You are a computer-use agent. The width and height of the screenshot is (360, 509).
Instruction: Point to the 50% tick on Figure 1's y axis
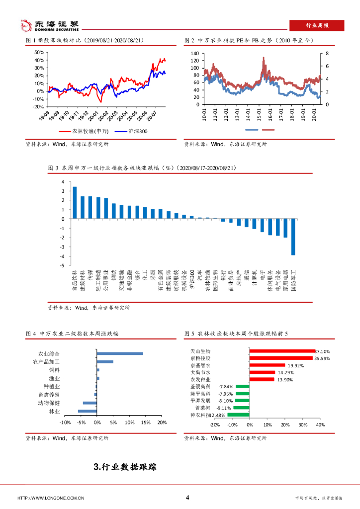coord(39,52)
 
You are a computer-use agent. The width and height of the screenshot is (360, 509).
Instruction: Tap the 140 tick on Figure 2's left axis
coord(194,53)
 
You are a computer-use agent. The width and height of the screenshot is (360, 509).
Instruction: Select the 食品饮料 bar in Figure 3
coord(75,203)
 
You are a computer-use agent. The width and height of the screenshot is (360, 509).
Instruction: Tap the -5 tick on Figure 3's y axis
coord(63,265)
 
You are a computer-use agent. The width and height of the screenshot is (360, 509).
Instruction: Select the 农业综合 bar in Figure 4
coord(120,353)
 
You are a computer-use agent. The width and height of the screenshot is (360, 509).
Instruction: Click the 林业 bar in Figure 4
coord(87,411)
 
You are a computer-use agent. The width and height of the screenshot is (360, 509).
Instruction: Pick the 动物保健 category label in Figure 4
coord(49,403)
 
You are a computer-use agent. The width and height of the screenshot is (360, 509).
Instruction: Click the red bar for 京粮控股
coord(281,358)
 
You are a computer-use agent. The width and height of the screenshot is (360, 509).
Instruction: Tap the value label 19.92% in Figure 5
coord(296,365)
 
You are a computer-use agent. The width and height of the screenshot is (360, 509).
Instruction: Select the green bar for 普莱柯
coord(241,408)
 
